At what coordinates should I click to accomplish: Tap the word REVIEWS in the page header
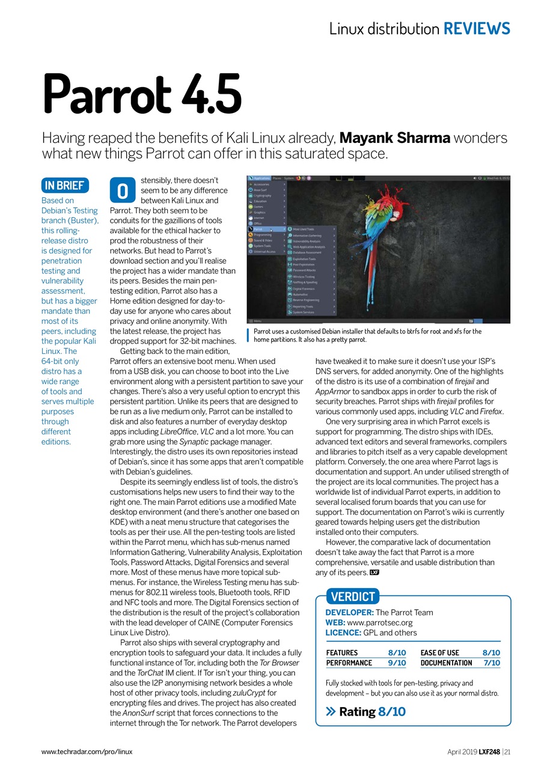[x=477, y=28]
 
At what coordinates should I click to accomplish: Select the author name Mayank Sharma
[x=394, y=138]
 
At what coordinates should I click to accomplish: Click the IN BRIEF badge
[x=64, y=185]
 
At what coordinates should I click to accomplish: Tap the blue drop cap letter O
[x=122, y=191]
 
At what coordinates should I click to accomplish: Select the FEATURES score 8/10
[x=397, y=652]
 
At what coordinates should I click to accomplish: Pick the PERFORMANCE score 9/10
[x=397, y=663]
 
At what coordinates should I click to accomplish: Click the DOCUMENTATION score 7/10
[x=491, y=663]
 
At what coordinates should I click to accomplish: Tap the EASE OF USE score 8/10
[x=491, y=652]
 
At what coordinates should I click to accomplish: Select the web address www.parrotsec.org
[x=379, y=622]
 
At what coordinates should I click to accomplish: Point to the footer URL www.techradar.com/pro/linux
[x=87, y=752]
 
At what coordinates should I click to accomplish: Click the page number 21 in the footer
[x=508, y=752]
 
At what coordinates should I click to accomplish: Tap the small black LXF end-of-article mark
[x=374, y=572]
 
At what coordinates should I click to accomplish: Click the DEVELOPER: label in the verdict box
[x=349, y=612]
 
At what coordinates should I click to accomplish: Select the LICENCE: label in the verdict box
[x=343, y=633]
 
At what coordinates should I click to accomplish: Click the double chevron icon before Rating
[x=330, y=712]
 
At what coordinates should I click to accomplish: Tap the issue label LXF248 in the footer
[x=489, y=752]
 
